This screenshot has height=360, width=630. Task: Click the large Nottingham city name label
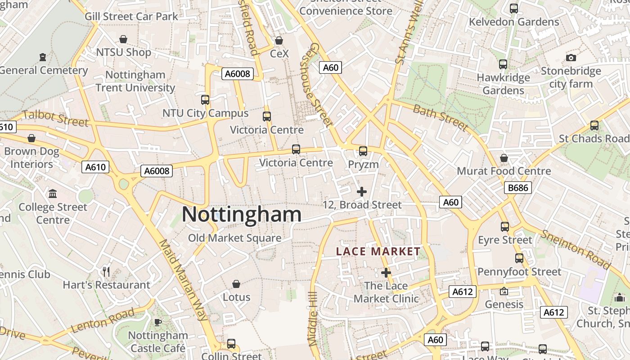pyautogui.click(x=242, y=215)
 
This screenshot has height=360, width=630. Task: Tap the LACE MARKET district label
pyautogui.click(x=378, y=252)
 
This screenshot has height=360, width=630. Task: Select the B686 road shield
pyautogui.click(x=518, y=188)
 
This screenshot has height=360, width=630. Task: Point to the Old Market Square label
pyautogui.click(x=234, y=238)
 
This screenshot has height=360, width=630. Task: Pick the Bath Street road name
pyautogui.click(x=441, y=117)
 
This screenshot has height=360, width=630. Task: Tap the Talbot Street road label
pyautogui.click(x=55, y=118)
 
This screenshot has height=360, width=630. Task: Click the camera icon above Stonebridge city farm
pyautogui.click(x=571, y=58)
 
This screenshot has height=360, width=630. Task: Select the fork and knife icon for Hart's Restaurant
pyautogui.click(x=106, y=271)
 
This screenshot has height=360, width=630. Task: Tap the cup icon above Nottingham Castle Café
pyautogui.click(x=158, y=322)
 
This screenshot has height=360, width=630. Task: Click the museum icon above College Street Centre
pyautogui.click(x=53, y=193)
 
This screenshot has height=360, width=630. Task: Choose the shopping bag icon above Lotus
pyautogui.click(x=236, y=284)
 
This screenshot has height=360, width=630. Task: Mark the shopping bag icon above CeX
pyautogui.click(x=279, y=40)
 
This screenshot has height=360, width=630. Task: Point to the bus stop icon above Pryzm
pyautogui.click(x=363, y=151)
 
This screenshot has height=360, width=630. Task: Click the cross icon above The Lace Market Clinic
pyautogui.click(x=386, y=272)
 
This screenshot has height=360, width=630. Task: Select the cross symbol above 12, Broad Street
pyautogui.click(x=362, y=192)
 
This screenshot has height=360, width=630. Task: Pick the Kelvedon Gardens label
pyautogui.click(x=514, y=22)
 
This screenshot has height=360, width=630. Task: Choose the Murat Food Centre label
pyautogui.click(x=504, y=171)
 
